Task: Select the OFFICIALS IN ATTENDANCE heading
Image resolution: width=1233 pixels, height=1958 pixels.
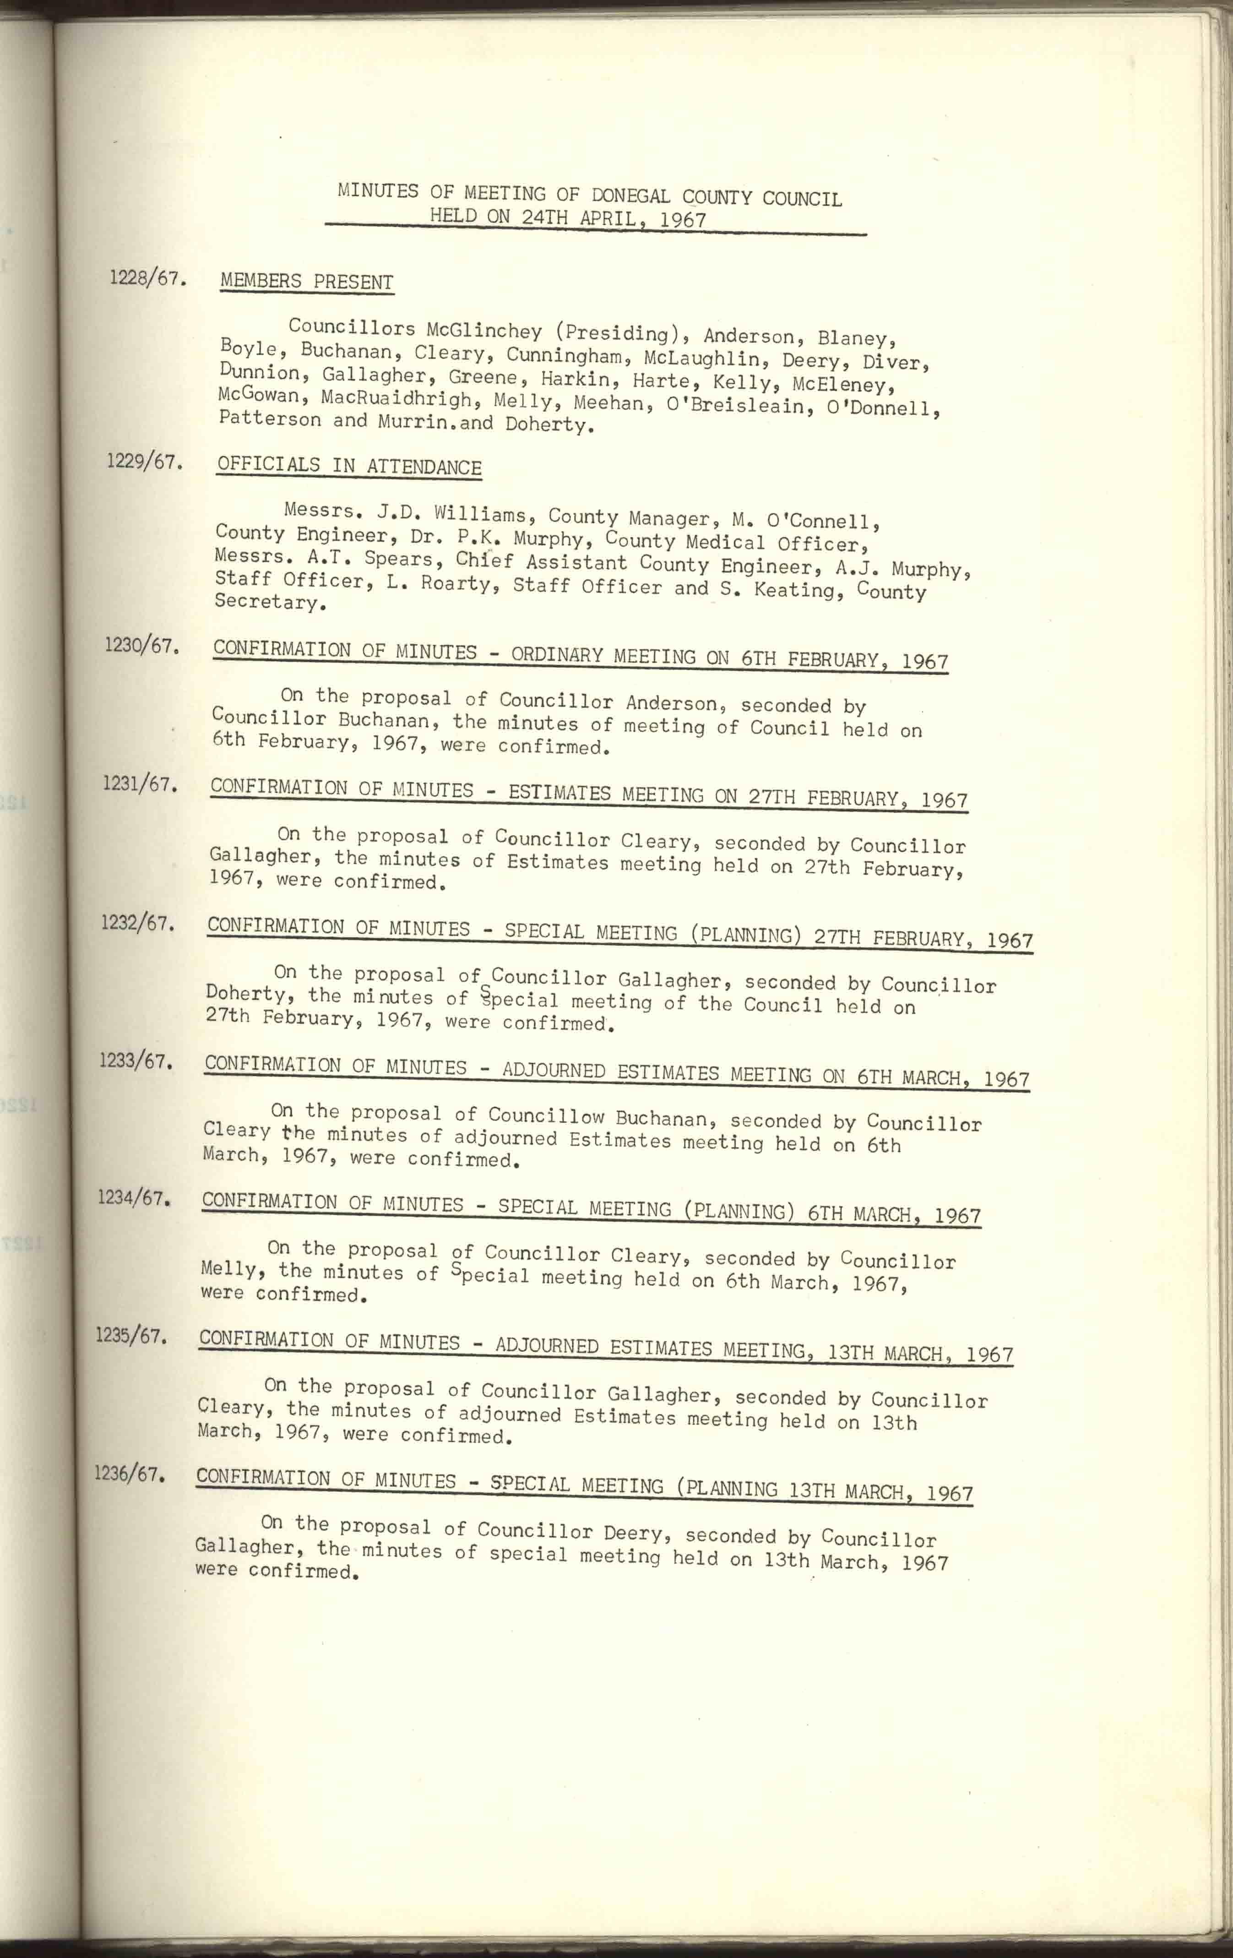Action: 349,466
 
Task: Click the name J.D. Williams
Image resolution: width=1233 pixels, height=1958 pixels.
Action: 451,514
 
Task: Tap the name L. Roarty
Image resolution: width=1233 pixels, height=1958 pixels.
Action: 442,584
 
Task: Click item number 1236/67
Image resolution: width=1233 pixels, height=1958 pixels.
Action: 130,1474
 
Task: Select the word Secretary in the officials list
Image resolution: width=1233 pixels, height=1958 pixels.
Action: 266,602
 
